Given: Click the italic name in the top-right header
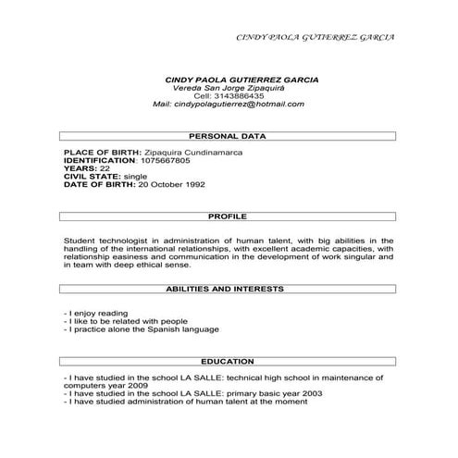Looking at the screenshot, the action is tap(316, 37).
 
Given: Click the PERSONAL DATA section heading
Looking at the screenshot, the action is tap(228, 136).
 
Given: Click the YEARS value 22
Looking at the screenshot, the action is tap(105, 168).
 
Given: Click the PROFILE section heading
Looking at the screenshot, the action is tap(228, 216).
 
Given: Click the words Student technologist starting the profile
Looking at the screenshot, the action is tap(105, 240).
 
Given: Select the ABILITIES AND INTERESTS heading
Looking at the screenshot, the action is tap(228, 289).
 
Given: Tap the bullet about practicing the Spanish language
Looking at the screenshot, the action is tap(141, 328).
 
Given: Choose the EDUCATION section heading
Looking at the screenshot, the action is tap(228, 360).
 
